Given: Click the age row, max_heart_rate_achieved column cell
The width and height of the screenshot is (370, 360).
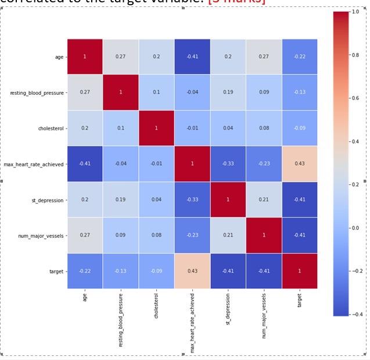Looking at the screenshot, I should pyautogui.click(x=192, y=57).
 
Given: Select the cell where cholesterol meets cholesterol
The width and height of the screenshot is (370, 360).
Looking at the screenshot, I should pyautogui.click(x=156, y=128).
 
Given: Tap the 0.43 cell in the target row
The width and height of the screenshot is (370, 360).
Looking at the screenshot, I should pyautogui.click(x=192, y=271).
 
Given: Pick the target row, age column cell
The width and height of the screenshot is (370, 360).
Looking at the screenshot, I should pyautogui.click(x=85, y=271).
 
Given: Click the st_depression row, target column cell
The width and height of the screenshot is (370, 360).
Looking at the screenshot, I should pyautogui.click(x=300, y=199).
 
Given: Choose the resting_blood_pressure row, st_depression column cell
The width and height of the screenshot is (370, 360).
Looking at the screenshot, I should pyautogui.click(x=228, y=92).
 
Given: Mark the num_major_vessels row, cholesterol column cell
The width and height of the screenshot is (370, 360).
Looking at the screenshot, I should pyautogui.click(x=156, y=236).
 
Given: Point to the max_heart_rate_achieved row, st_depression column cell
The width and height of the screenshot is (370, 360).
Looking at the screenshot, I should pyautogui.click(x=228, y=164).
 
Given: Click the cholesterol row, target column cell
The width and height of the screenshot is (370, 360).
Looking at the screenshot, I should pyautogui.click(x=300, y=128).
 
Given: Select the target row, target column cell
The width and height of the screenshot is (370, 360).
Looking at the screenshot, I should pyautogui.click(x=300, y=271).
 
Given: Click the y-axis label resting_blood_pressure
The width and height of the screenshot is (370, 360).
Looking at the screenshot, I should pyautogui.click(x=37, y=93).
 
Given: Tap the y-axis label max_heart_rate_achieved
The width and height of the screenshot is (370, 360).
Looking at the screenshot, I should pyautogui.click(x=34, y=165).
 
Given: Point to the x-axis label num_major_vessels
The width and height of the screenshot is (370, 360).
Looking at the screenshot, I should pyautogui.click(x=264, y=317).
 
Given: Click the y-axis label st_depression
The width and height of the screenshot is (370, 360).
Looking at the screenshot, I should pyautogui.click(x=48, y=200).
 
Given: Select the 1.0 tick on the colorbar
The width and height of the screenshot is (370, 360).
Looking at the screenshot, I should pyautogui.click(x=355, y=12).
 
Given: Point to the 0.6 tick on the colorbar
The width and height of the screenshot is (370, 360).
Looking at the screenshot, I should pyautogui.click(x=355, y=98).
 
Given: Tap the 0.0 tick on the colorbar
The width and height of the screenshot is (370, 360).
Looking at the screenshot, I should pyautogui.click(x=355, y=227).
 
